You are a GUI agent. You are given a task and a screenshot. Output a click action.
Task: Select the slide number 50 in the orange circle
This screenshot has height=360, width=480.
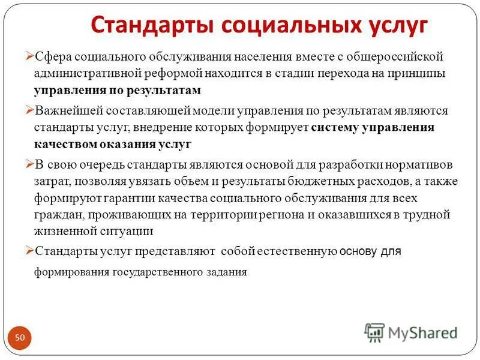[20, 338]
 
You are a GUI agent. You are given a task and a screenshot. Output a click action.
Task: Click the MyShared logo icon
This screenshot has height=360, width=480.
[375, 332]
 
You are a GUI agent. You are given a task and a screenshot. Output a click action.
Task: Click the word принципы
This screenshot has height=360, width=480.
[415, 74]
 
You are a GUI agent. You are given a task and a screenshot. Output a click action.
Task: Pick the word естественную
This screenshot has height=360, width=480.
[291, 251]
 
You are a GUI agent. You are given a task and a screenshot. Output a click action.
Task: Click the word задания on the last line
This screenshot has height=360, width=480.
[227, 272]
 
